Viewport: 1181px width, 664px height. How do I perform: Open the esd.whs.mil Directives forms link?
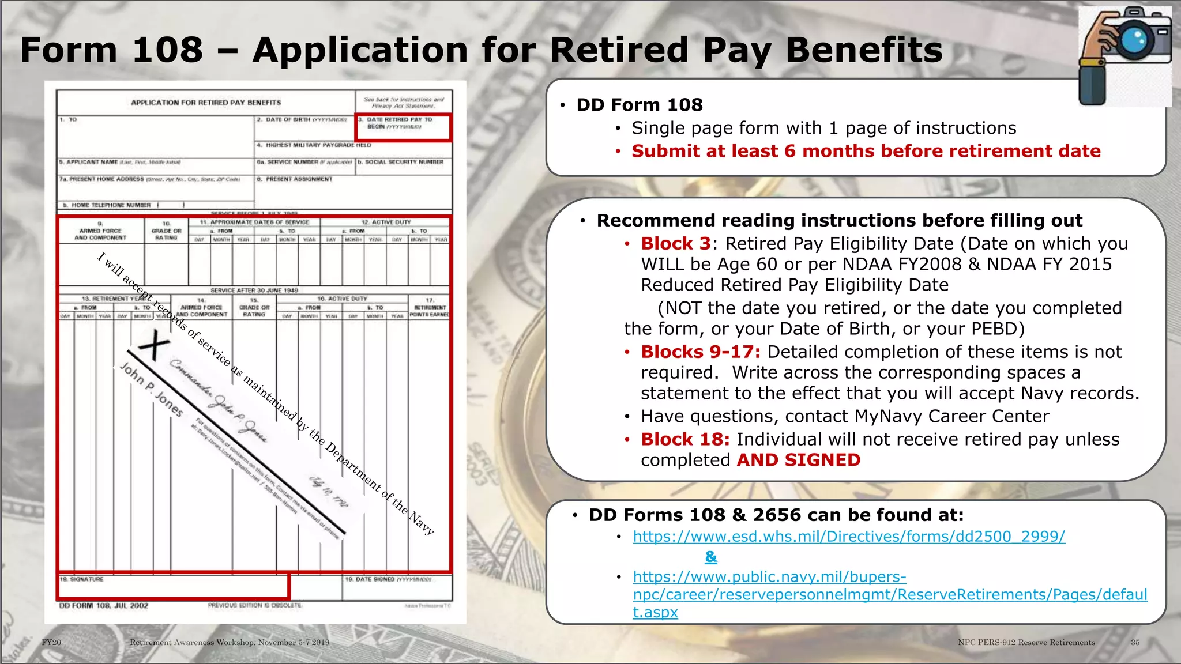click(848, 537)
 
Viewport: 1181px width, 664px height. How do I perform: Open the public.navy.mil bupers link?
click(890, 594)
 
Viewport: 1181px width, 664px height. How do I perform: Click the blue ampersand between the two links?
click(711, 557)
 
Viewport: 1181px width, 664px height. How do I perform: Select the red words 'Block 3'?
click(676, 244)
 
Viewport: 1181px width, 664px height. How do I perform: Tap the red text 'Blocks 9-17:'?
click(700, 352)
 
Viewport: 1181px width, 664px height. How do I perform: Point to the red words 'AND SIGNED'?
click(798, 461)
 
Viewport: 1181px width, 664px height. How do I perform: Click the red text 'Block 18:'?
click(685, 440)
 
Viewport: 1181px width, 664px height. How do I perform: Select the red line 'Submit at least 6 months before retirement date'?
click(866, 152)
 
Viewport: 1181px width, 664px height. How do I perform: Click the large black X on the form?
click(153, 347)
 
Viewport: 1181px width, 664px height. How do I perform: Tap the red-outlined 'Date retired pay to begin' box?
click(403, 127)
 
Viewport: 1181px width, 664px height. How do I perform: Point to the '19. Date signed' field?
click(397, 588)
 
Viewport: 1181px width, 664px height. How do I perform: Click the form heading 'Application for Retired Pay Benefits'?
click(206, 103)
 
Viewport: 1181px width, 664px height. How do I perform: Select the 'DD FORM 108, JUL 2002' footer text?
click(104, 606)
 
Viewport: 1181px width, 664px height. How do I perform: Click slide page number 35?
click(1135, 642)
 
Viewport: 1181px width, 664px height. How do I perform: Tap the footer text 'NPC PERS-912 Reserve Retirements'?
click(1026, 642)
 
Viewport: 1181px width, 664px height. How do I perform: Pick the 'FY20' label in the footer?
click(51, 642)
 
